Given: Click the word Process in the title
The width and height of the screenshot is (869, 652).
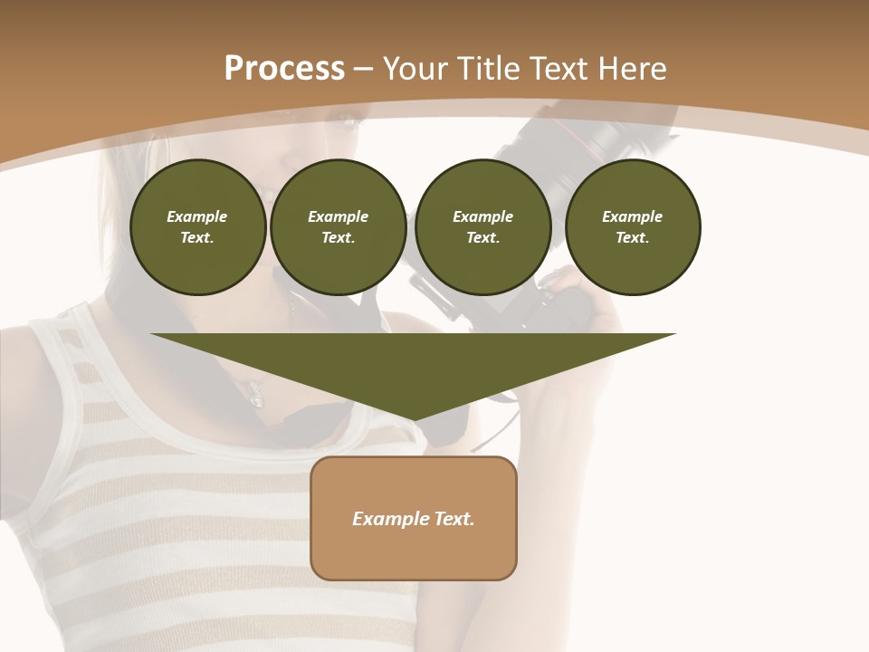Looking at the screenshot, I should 284,69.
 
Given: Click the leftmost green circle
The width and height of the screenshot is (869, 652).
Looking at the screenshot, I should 197,227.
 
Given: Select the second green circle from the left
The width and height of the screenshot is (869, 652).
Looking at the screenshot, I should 338,227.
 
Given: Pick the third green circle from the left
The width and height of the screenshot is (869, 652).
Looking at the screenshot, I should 482,227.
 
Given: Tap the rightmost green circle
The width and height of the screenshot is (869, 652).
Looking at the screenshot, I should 632,227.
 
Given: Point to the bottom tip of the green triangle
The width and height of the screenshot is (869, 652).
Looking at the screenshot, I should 414,420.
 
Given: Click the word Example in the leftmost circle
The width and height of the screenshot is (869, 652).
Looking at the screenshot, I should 197,216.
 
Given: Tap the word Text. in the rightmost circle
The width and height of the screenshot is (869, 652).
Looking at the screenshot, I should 632,237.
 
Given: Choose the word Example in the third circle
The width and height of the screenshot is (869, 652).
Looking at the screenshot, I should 482,216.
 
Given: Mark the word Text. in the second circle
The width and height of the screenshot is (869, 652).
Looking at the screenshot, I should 338,237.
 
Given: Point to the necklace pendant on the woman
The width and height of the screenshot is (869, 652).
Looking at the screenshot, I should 256,395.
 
